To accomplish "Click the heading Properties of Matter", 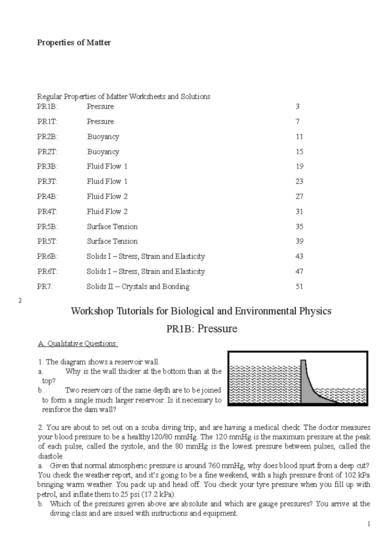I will coord(74,43).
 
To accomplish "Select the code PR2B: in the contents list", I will coord(47,137).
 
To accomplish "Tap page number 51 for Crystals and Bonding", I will coord(299,287).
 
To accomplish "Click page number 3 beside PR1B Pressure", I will coord(297,106).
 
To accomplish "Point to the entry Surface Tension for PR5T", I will coord(112,241).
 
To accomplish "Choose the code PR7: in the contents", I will coord(45,287).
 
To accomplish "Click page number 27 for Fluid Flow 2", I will coord(299,197).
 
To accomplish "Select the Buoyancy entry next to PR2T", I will coord(103,152).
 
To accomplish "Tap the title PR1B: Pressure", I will coord(201,329).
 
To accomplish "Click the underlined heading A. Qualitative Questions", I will coord(78,344).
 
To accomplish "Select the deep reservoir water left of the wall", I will coord(264,385).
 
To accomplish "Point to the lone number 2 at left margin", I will coord(20,301).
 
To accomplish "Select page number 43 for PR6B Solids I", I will coord(299,256).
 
